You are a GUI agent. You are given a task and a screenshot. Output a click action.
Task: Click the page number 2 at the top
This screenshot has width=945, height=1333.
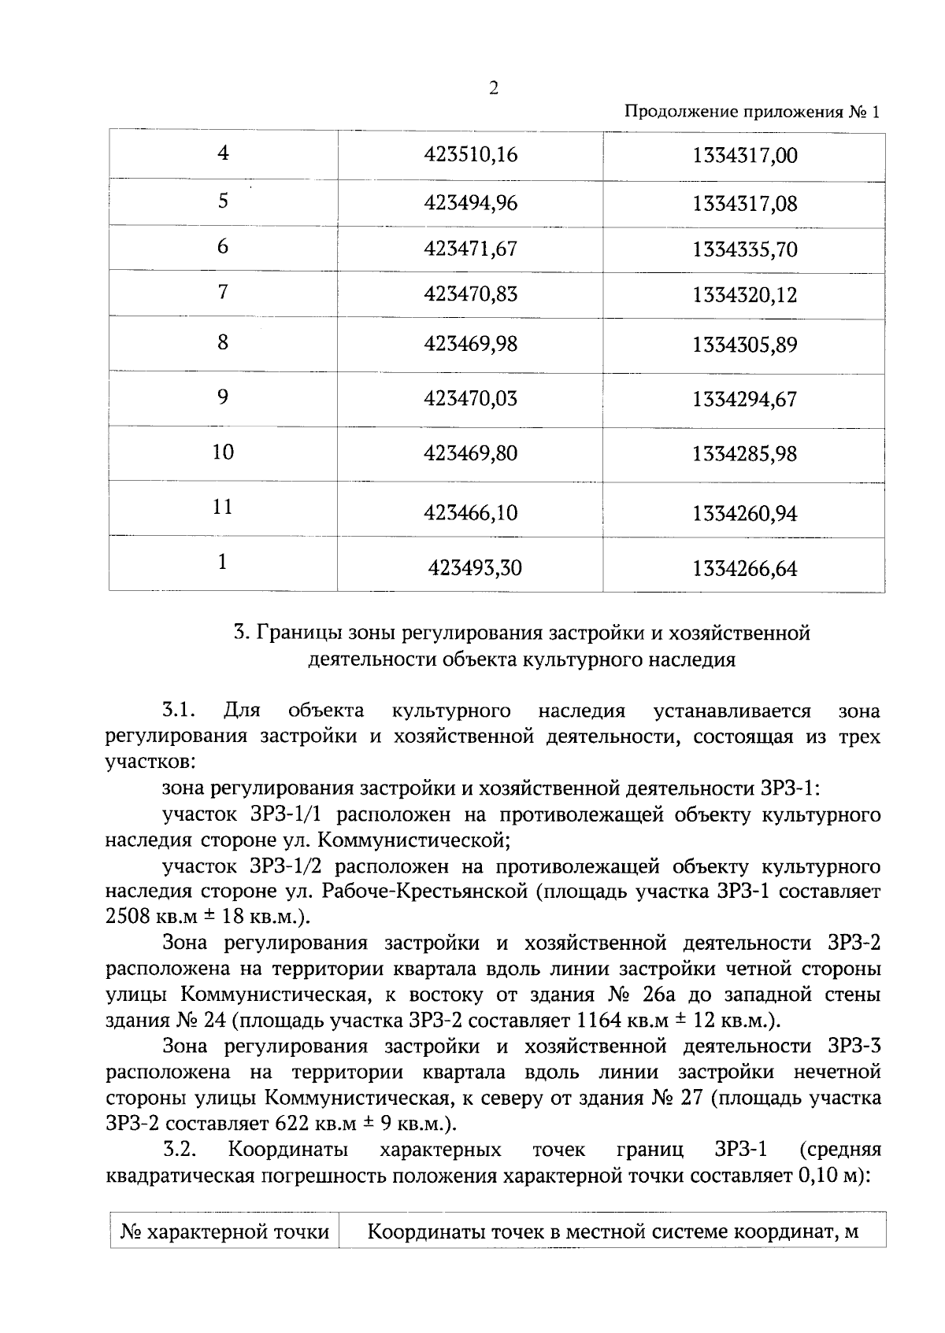[x=494, y=88]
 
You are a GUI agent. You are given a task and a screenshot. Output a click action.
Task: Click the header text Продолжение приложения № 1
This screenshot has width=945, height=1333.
[x=751, y=113]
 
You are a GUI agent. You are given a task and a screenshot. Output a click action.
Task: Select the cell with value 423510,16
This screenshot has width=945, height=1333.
[x=471, y=155]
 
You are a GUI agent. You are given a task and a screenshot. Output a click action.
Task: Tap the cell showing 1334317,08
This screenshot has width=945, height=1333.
[x=744, y=205]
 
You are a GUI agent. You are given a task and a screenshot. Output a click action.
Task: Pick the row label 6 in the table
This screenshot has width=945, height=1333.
[x=223, y=247]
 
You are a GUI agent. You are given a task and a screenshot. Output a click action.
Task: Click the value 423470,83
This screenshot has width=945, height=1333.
[x=471, y=294]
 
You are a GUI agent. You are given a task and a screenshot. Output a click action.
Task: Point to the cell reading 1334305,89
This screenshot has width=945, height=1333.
[x=744, y=345]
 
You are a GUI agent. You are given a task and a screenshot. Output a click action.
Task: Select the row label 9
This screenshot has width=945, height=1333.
[x=223, y=397]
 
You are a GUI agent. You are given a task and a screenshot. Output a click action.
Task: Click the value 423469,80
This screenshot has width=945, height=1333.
[x=471, y=454]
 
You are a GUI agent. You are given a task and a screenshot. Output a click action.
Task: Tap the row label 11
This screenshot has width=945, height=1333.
[x=223, y=506]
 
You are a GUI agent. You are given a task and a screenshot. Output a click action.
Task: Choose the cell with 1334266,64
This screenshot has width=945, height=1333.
[x=744, y=568]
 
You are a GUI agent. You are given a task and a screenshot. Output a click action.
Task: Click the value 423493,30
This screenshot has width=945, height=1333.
[x=475, y=567]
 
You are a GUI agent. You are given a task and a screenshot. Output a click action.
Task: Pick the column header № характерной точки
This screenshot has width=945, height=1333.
[x=224, y=1231]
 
